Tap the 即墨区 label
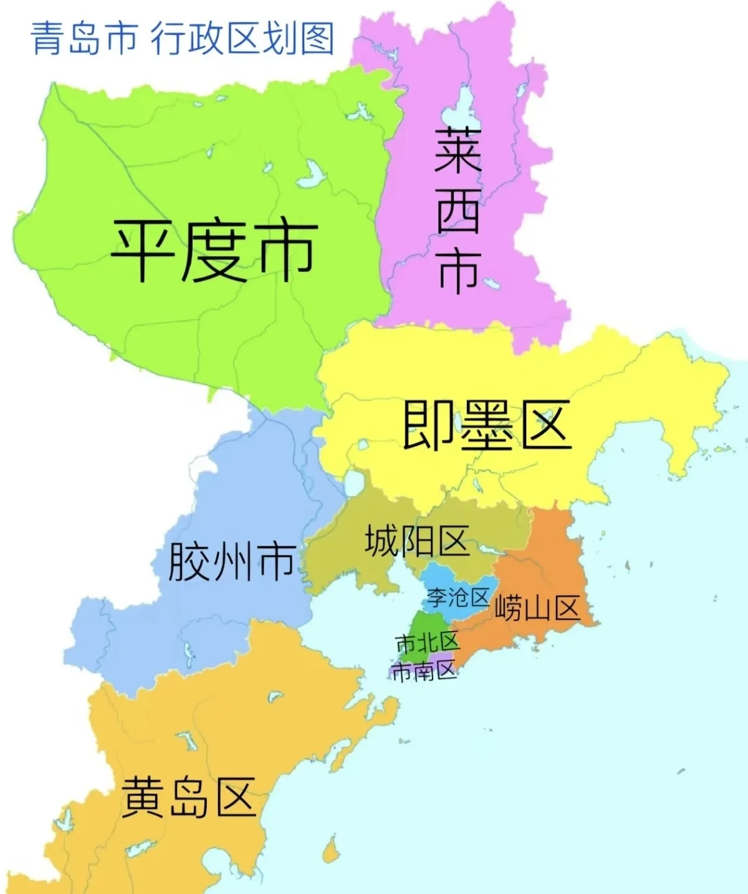pyautogui.click(x=486, y=426)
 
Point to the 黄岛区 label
pyautogui.click(x=188, y=797)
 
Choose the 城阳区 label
pyautogui.click(x=416, y=540)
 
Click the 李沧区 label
pyautogui.click(x=458, y=597)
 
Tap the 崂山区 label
pyautogui.click(x=537, y=607)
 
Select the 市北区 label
pyautogui.click(x=427, y=642)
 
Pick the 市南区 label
pyautogui.click(x=424, y=671)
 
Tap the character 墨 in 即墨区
pyautogui.click(x=486, y=426)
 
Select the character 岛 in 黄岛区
pyautogui.click(x=188, y=797)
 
